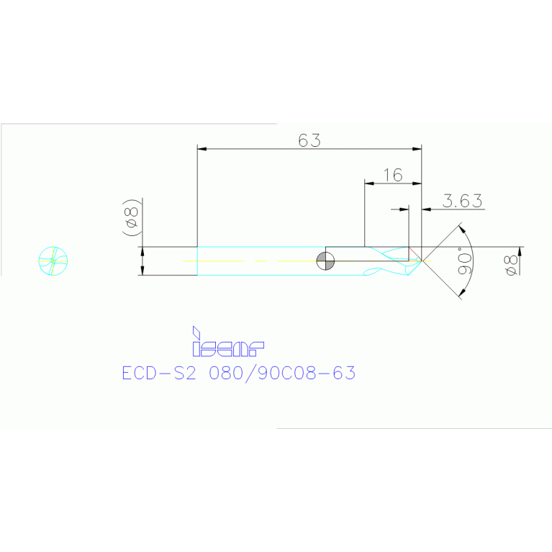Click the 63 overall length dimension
(309, 140)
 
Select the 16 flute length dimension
(393, 175)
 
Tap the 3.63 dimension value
(462, 201)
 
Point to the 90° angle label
(464, 261)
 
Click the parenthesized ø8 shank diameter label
(131, 217)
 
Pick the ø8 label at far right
(511, 265)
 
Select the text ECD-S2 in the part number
(159, 374)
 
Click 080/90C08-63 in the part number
(282, 374)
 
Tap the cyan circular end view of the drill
(53, 261)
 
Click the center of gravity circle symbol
(325, 261)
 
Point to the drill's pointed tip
(422, 261)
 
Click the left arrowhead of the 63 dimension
(202, 149)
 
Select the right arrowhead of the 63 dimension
(417, 149)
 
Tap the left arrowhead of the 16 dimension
(369, 184)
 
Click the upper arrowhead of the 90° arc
(462, 230)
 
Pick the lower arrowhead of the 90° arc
(462, 292)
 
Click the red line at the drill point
(415, 254)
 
